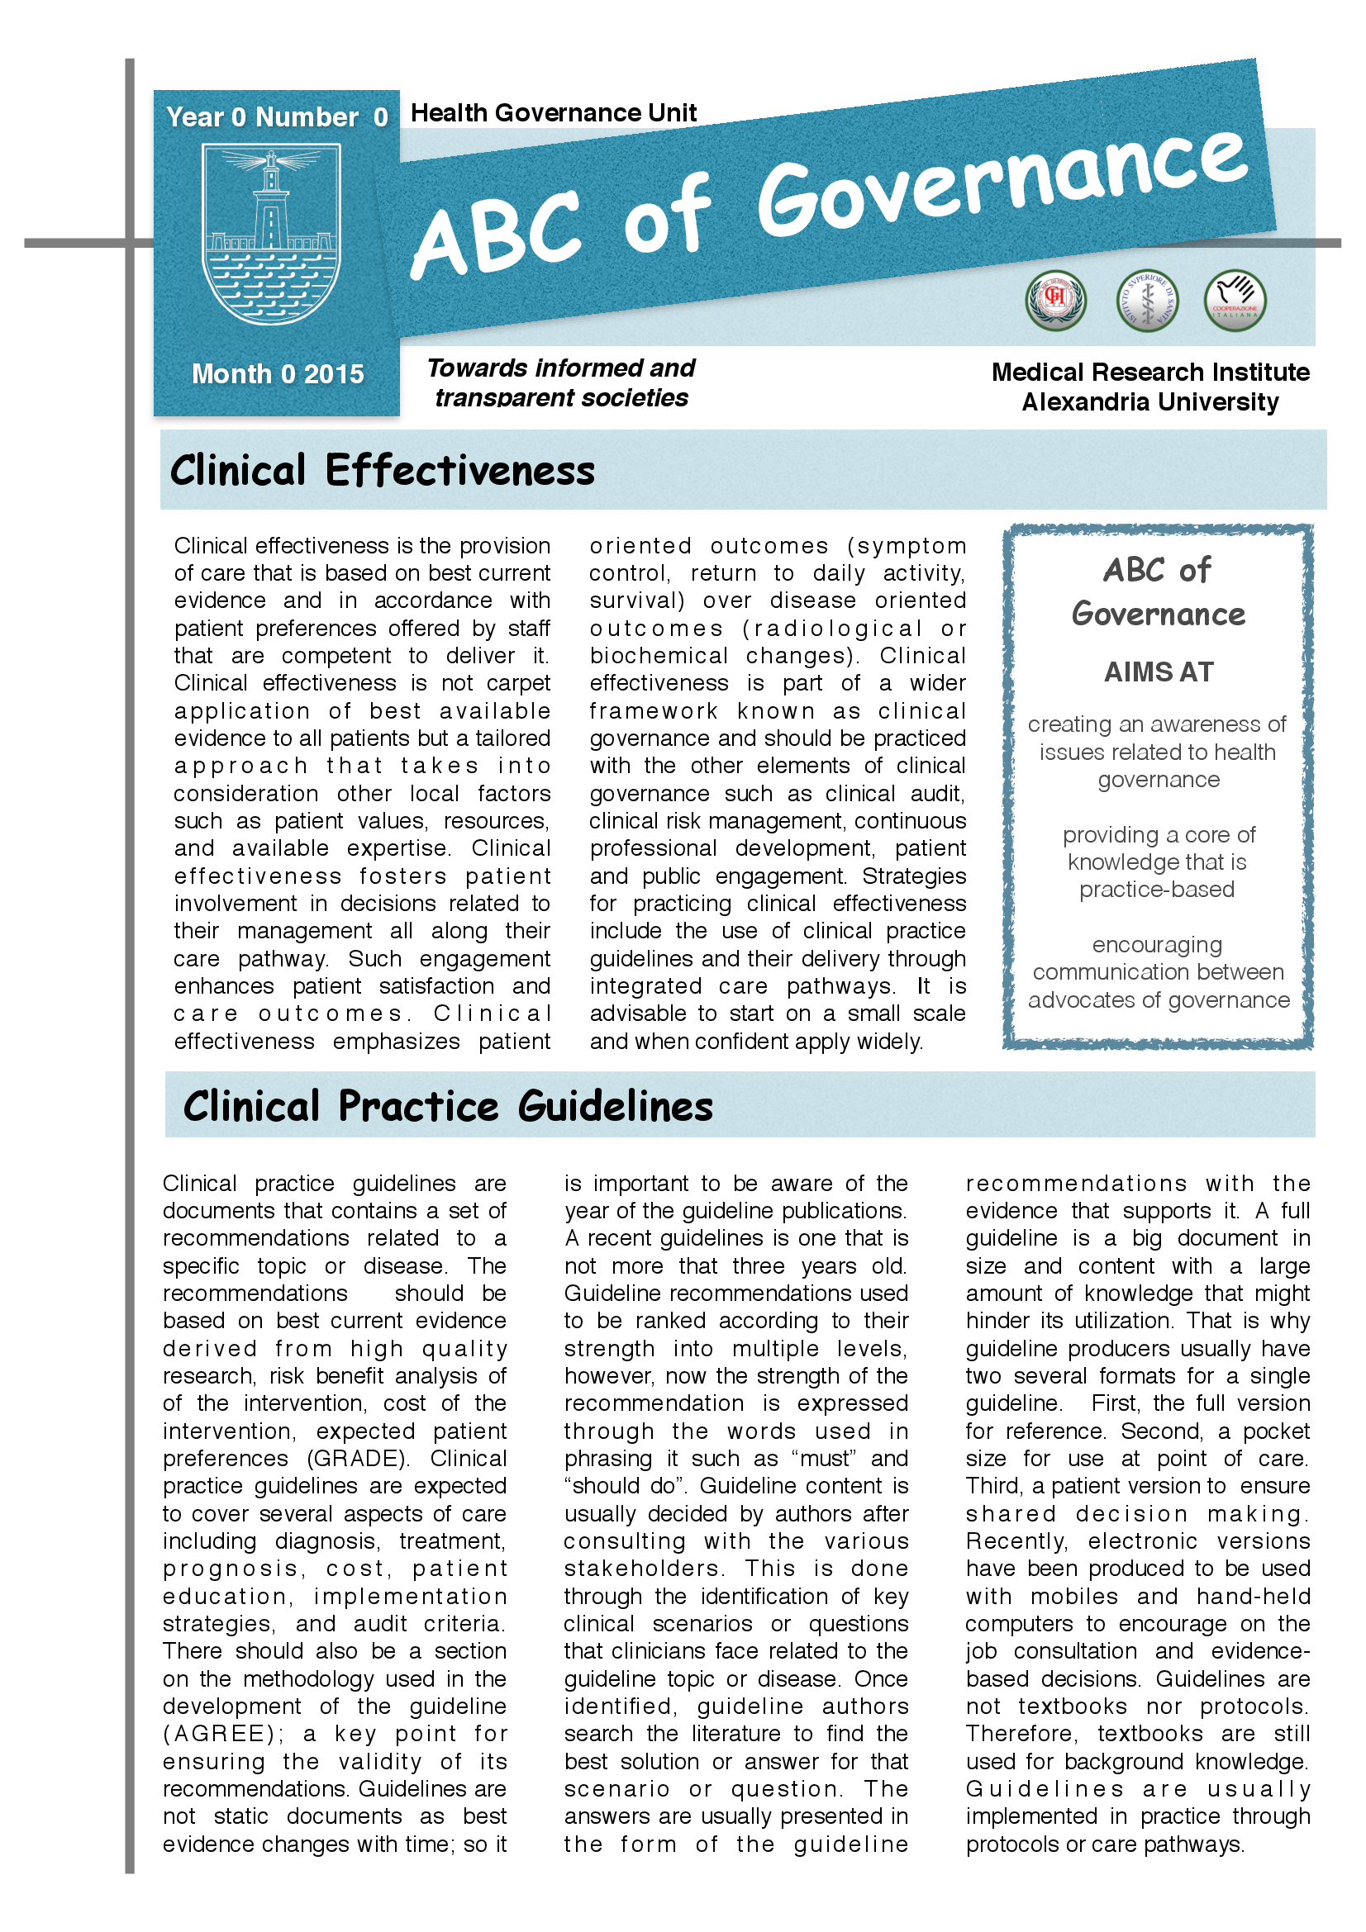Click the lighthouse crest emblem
pyautogui.click(x=271, y=234)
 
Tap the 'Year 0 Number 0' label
pyautogui.click(x=277, y=117)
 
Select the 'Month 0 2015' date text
pyautogui.click(x=278, y=373)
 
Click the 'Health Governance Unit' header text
pyautogui.click(x=553, y=113)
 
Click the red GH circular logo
pyautogui.click(x=1055, y=300)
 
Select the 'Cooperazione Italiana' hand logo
pyautogui.click(x=1235, y=300)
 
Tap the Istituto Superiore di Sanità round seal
pyautogui.click(x=1146, y=301)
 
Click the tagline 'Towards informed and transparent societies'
pyautogui.click(x=560, y=383)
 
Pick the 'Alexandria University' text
pyautogui.click(x=1149, y=402)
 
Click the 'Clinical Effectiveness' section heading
pyautogui.click(x=382, y=470)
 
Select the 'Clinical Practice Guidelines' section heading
pyautogui.click(x=448, y=1106)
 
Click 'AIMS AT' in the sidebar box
pyautogui.click(x=1158, y=672)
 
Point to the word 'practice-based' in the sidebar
pyautogui.click(x=1156, y=890)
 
